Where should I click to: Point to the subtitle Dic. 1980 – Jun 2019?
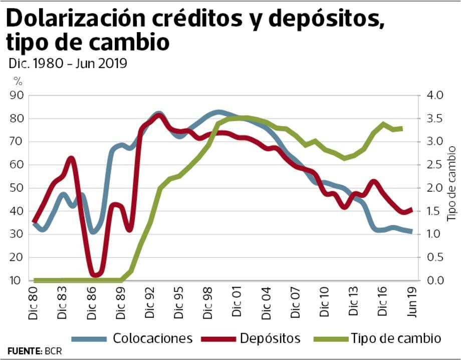pos(67,64)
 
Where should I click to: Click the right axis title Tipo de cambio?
pos(452,188)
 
